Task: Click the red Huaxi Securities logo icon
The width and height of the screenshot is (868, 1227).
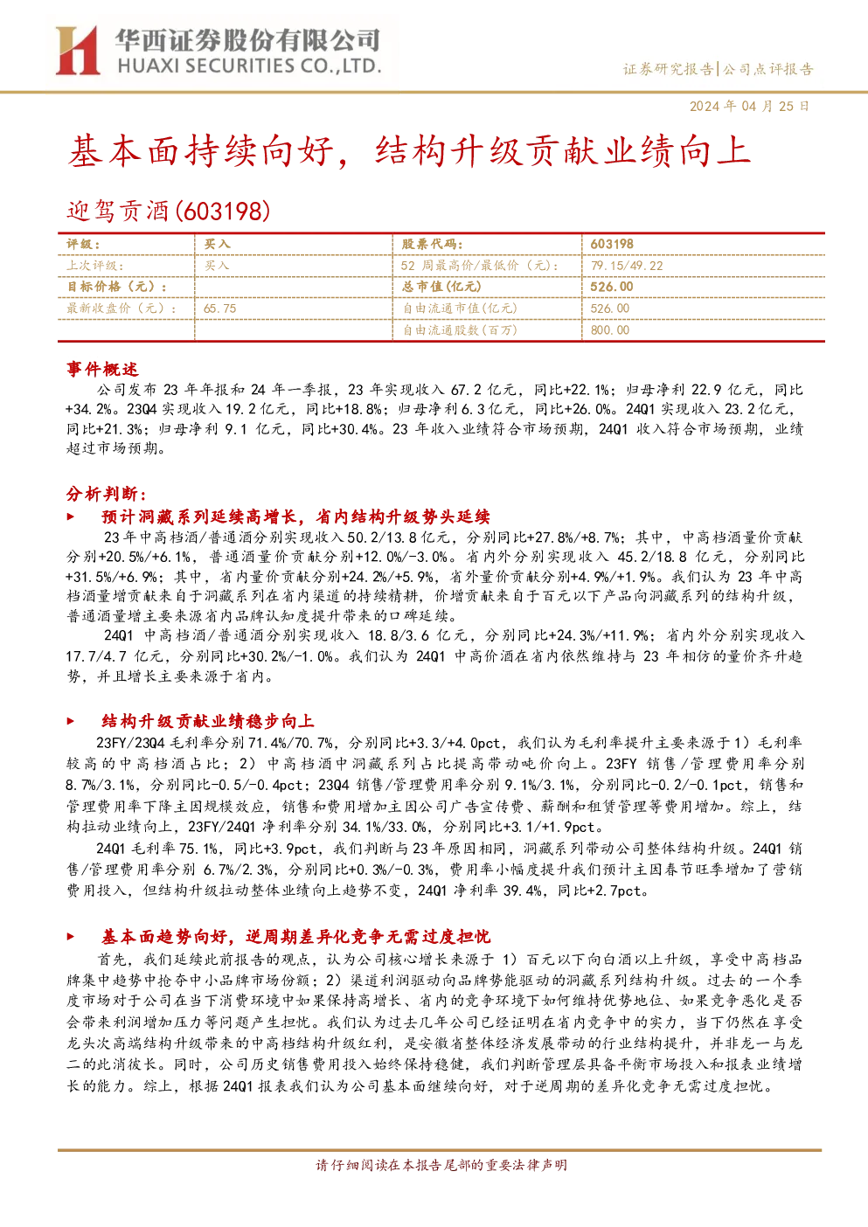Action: click(x=77, y=50)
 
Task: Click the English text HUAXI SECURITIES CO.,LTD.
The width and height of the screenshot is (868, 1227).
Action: click(x=249, y=66)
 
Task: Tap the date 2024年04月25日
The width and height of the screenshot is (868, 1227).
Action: click(x=749, y=107)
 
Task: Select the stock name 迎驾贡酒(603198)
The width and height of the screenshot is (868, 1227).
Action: click(x=169, y=211)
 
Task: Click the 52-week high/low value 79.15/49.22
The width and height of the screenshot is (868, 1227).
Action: click(x=627, y=266)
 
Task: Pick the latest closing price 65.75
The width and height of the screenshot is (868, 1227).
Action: click(x=219, y=308)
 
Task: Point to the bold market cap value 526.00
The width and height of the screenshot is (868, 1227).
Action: click(x=612, y=287)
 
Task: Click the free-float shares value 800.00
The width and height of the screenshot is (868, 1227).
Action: click(x=610, y=330)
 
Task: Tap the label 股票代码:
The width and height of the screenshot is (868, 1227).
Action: click(x=433, y=245)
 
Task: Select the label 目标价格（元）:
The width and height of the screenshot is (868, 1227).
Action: click(x=117, y=287)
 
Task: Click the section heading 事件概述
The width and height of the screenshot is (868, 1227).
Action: click(x=102, y=369)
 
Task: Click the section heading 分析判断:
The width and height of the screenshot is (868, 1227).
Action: click(x=107, y=494)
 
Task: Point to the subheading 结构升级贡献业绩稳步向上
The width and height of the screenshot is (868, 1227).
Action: click(x=208, y=721)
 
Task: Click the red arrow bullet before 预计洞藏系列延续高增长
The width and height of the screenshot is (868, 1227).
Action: click(x=70, y=516)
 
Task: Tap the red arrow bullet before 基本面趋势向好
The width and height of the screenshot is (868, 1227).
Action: click(x=70, y=937)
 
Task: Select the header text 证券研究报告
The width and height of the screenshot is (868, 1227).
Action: click(x=668, y=70)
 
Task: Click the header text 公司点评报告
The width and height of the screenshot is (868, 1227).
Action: click(x=767, y=70)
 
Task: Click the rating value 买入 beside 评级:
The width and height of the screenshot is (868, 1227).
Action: click(x=218, y=245)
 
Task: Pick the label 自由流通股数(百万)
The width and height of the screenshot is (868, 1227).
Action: click(x=461, y=330)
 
